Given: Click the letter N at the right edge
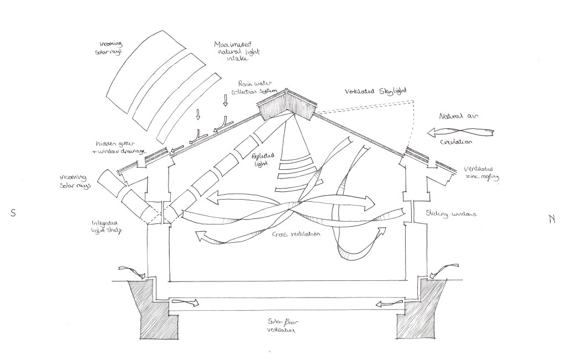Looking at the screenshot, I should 552,218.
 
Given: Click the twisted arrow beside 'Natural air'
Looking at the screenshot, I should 462,133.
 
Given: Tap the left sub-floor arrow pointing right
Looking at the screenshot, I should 184,302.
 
